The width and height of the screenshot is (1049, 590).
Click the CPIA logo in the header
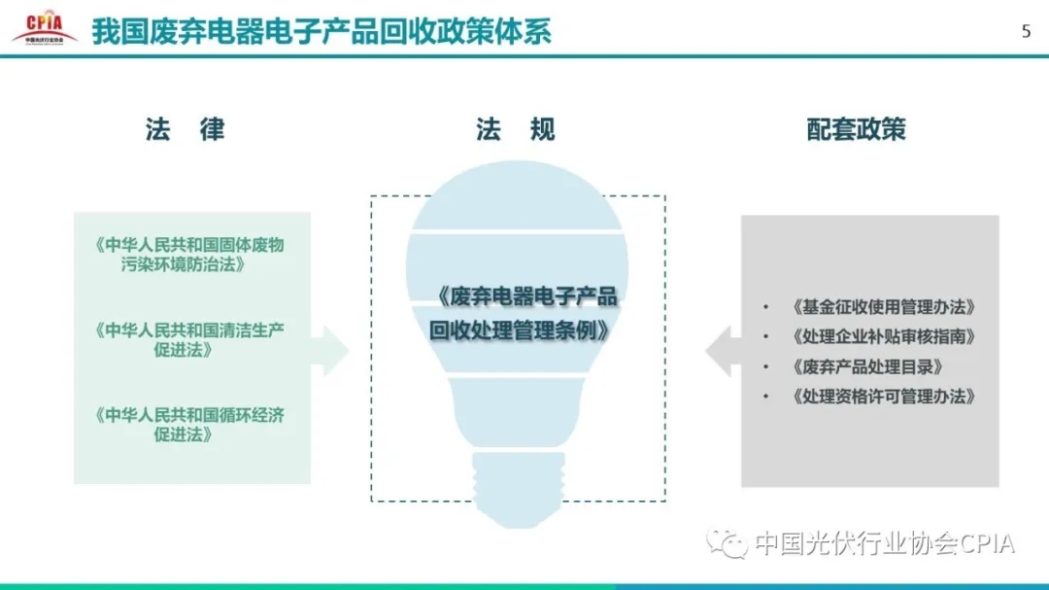pos(45,27)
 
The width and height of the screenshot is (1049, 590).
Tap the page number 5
pos(1027,31)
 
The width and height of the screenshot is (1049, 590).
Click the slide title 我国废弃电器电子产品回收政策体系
pos(321,32)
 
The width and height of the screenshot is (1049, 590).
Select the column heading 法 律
pos(185,129)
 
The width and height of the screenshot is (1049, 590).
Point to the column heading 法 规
pos(516,129)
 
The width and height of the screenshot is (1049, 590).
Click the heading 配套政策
pos(856,129)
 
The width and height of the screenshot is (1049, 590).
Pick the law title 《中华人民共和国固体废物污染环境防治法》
pos(189,255)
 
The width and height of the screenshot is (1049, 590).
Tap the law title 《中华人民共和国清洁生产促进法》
pos(189,339)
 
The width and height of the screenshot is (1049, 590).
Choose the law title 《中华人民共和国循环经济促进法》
pos(189,425)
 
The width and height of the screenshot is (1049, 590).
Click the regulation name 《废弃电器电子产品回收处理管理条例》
pos(524,313)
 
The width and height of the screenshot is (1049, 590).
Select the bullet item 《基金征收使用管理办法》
pos(883,307)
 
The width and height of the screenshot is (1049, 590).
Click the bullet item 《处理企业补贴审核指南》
pos(883,336)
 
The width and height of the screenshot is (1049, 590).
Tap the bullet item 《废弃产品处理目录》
pos(867,366)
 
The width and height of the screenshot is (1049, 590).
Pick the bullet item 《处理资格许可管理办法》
pos(883,397)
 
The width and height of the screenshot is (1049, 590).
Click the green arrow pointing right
pos(330,350)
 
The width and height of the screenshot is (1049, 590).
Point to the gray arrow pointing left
pos(724,351)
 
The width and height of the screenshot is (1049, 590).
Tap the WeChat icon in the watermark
pos(728,541)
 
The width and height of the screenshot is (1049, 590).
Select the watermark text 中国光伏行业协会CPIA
pos(885,543)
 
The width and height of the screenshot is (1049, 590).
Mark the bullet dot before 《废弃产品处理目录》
pos(765,367)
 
